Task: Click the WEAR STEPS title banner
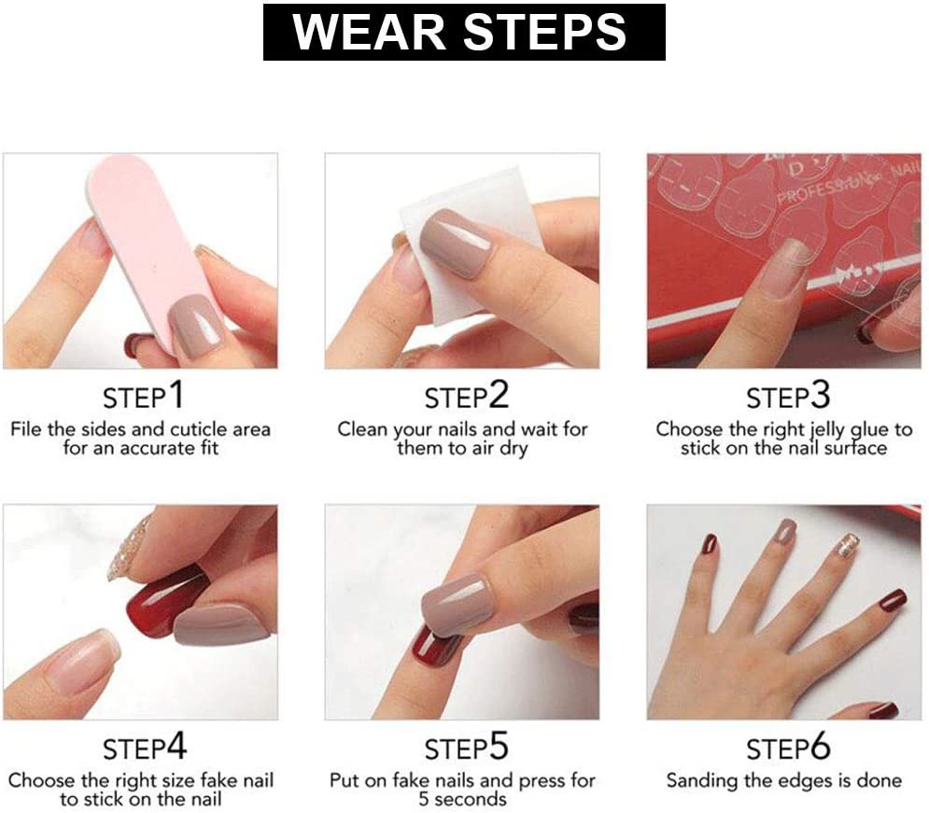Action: (x=464, y=32)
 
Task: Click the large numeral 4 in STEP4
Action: (x=176, y=746)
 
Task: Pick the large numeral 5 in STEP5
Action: (x=499, y=746)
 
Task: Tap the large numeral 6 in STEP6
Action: (x=821, y=746)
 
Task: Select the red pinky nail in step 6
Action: (x=893, y=601)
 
